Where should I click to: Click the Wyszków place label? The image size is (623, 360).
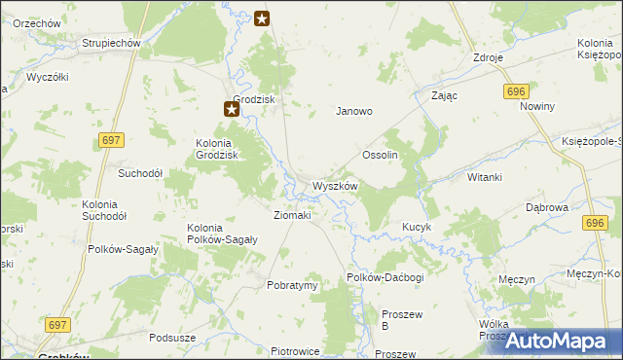pos(336,186)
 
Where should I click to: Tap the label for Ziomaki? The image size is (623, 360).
pos(292,215)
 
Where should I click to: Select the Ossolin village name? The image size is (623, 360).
pos(381,156)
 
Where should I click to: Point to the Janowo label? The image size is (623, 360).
pos(354,111)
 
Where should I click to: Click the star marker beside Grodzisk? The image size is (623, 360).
pos(232,109)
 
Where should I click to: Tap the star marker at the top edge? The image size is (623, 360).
pos(262,18)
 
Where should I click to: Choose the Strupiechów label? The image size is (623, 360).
pos(112,44)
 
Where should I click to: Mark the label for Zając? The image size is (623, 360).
pos(444,96)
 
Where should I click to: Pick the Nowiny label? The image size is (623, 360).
pos(536,106)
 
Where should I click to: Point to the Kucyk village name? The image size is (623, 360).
pos(417,227)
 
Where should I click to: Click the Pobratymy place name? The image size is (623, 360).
pos(293,286)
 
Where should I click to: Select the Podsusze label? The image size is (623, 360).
pos(172,338)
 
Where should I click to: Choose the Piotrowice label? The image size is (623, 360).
pos(296,351)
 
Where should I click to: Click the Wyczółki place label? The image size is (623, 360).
pos(47,76)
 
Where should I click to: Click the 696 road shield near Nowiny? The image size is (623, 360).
pos(516,90)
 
